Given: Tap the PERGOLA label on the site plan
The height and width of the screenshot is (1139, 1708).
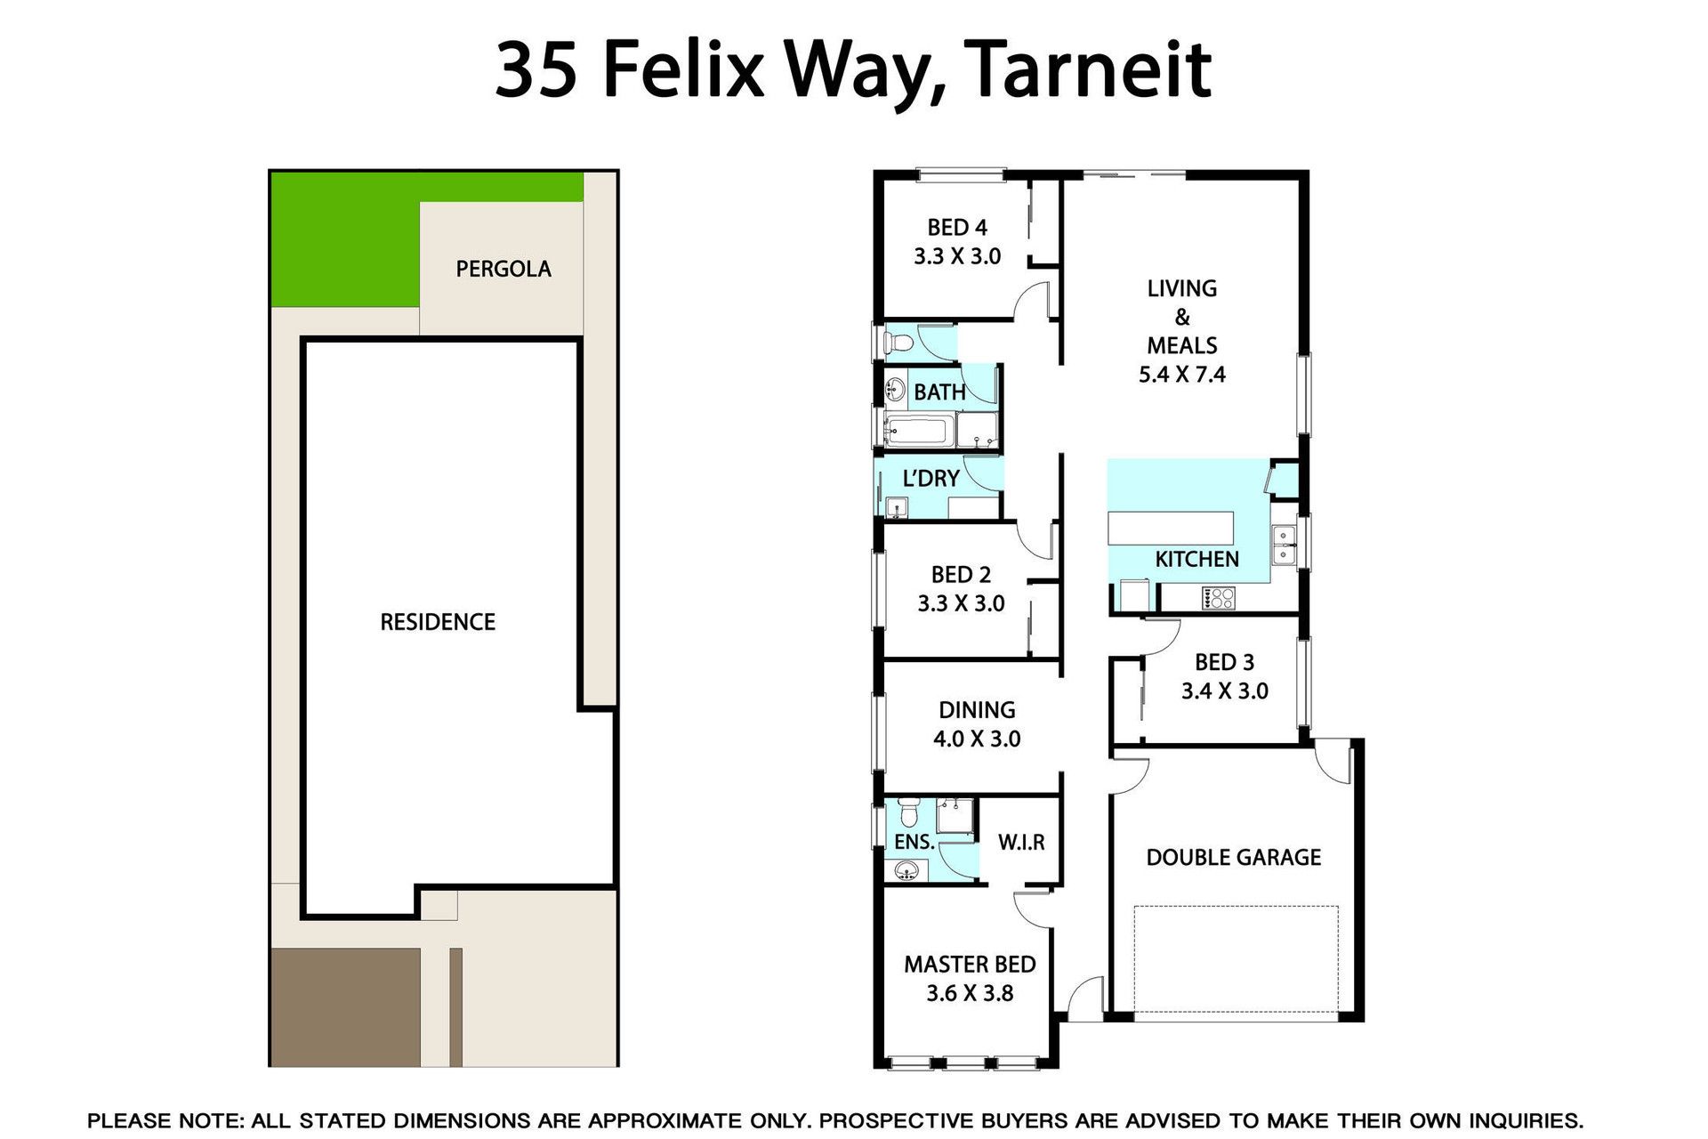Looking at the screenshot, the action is (x=504, y=269).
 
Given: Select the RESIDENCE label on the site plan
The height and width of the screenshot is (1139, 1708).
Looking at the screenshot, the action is (x=438, y=622).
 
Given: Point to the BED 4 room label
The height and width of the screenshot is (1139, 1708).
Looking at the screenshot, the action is (x=957, y=228).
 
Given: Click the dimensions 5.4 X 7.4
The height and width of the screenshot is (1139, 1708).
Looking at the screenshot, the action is (x=1182, y=375).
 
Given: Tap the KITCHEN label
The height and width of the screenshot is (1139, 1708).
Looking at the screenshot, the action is (x=1196, y=559).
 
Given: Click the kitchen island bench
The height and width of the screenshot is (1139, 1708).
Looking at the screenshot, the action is (x=1171, y=528).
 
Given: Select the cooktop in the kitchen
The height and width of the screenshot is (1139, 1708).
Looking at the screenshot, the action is (x=1218, y=598).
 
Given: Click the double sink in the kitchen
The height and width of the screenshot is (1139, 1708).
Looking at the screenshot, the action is (x=1283, y=545).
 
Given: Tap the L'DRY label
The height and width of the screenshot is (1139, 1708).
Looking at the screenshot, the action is (x=931, y=479).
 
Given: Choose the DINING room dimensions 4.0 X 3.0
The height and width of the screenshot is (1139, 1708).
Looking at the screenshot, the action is (x=977, y=739).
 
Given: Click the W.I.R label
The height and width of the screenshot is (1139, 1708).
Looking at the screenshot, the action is (x=1021, y=842).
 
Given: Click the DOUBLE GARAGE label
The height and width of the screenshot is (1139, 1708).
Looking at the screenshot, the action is (x=1234, y=858).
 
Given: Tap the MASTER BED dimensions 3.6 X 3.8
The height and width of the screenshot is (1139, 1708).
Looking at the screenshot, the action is (x=970, y=993).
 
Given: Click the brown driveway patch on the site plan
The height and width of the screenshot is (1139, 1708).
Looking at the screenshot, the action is (x=345, y=1006).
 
